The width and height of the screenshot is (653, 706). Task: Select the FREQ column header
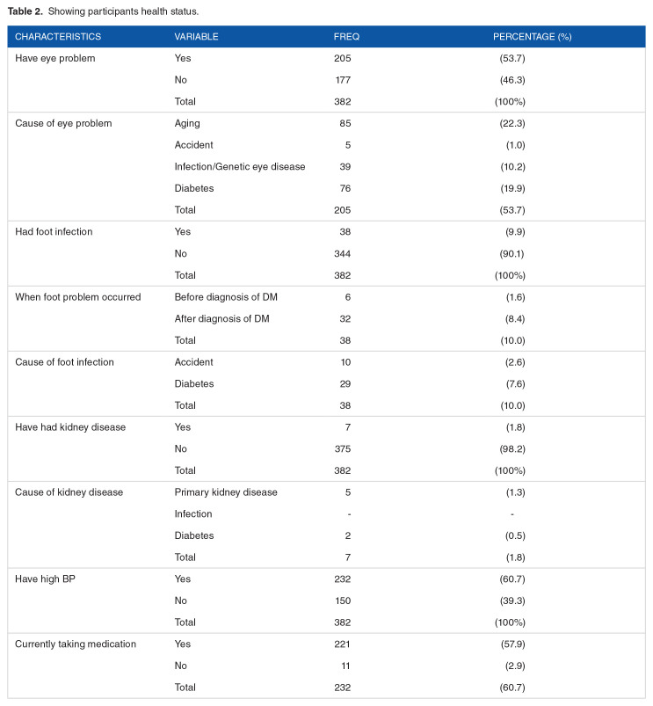(x=346, y=37)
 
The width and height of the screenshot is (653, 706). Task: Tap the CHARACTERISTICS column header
(x=58, y=37)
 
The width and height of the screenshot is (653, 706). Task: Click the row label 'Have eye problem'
(x=55, y=58)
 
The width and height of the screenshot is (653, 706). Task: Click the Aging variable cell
(x=187, y=123)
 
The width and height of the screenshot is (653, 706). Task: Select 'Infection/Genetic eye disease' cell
(x=240, y=166)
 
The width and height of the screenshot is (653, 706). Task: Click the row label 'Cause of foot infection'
(x=64, y=361)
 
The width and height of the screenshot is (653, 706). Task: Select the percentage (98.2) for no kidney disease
(x=512, y=448)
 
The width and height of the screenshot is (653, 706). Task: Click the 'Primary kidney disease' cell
(x=226, y=491)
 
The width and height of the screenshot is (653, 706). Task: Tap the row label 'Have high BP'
(x=45, y=579)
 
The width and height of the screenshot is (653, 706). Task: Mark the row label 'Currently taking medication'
(x=76, y=644)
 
